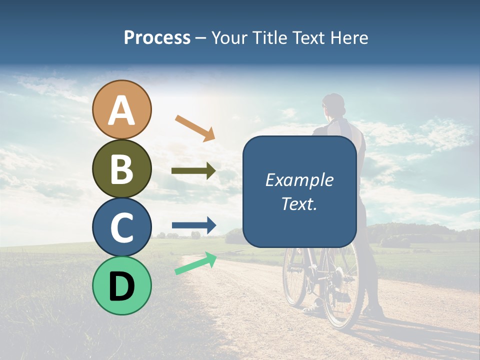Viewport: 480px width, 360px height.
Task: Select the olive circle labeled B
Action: pos(122,168)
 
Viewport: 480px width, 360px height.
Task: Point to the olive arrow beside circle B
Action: pos(193,171)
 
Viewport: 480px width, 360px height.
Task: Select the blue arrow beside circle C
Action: pos(194,225)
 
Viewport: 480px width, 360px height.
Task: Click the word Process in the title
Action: pos(157,37)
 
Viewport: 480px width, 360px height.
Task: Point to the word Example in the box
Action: pos(299,180)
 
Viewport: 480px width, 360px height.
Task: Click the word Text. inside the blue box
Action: pos(299,204)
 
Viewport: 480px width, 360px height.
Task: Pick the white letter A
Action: pos(122,111)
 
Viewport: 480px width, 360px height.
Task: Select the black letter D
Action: pos(122,286)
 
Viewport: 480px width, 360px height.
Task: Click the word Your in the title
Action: pos(227,37)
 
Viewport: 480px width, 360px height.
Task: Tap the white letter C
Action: pos(122,227)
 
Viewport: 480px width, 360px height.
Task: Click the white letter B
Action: pos(122,169)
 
